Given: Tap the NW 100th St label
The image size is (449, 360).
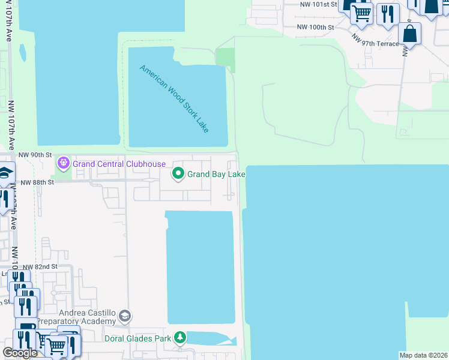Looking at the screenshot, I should click(x=315, y=28).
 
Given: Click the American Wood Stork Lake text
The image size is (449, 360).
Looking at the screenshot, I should click(x=174, y=98).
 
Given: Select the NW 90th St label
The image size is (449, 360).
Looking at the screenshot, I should click(x=32, y=155).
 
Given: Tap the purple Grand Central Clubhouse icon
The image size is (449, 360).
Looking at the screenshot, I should click(x=63, y=163).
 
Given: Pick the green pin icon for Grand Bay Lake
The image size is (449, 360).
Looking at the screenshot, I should click(x=178, y=174).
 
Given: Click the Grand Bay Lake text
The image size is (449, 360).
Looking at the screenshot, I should click(x=216, y=175).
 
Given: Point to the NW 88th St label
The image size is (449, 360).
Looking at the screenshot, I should click(x=37, y=182).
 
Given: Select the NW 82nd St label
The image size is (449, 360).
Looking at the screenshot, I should click(x=40, y=266).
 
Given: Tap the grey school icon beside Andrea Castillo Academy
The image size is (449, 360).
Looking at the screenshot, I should click(x=125, y=316).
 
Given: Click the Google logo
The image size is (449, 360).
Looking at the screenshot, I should click(x=20, y=353).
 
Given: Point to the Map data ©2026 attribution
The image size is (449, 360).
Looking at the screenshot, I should click(x=423, y=355).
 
